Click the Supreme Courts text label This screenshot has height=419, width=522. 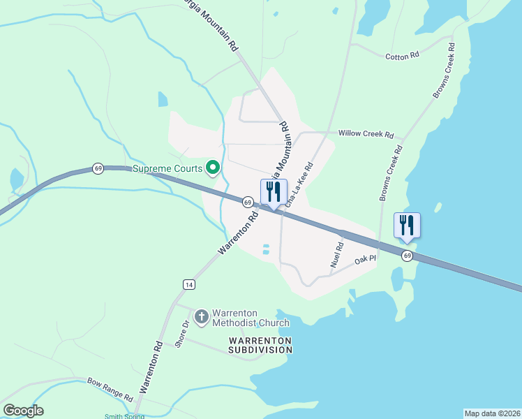click(x=167, y=168)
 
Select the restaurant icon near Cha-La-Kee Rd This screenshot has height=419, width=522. click(x=274, y=192)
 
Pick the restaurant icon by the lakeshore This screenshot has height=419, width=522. click(x=407, y=225)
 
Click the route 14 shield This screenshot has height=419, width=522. click(x=188, y=284)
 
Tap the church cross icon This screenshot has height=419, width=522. click(x=201, y=317)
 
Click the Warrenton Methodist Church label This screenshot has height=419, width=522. click(x=251, y=317)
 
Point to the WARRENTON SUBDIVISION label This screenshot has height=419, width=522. click(x=259, y=344)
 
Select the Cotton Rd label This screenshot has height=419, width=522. click(x=402, y=55)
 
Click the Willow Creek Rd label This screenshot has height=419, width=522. click(x=366, y=133)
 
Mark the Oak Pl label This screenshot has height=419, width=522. click(x=365, y=260)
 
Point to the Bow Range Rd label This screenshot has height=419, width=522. click(x=110, y=389)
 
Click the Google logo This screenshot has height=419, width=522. click(x=23, y=411)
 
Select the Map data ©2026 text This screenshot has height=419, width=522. click(x=492, y=413)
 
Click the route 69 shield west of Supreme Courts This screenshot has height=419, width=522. click(x=98, y=169)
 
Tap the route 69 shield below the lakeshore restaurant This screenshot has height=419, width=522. click(x=408, y=256)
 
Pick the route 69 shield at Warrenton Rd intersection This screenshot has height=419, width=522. click(x=248, y=202)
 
